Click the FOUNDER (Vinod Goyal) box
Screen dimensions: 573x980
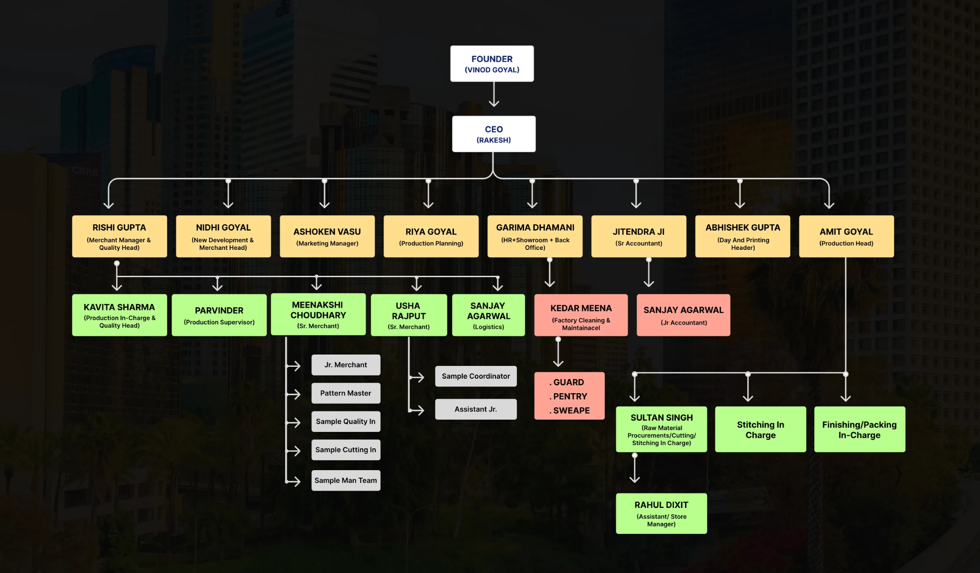pyautogui.click(x=492, y=64)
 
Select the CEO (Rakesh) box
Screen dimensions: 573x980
pyautogui.click(x=494, y=134)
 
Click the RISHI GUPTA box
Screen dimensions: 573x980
pyautogui.click(x=119, y=236)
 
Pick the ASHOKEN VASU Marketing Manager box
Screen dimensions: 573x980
pyautogui.click(x=327, y=236)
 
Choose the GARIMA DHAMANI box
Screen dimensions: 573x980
pyautogui.click(x=535, y=236)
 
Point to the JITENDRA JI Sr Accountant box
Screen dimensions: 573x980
pyautogui.click(x=638, y=236)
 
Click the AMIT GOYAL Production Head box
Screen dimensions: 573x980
pyautogui.click(x=846, y=236)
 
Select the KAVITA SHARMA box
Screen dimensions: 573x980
pyautogui.click(x=119, y=315)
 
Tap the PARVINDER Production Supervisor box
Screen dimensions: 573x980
pyautogui.click(x=219, y=315)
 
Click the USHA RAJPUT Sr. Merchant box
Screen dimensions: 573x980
pyautogui.click(x=408, y=315)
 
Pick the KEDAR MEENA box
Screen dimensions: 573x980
pyautogui.click(x=581, y=315)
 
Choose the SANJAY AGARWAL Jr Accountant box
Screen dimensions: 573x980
pyautogui.click(x=683, y=315)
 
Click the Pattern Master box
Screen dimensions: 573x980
pyautogui.click(x=346, y=393)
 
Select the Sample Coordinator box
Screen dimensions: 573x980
pyautogui.click(x=475, y=376)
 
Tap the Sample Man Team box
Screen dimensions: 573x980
pyautogui.click(x=346, y=480)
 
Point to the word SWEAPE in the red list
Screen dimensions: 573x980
pyautogui.click(x=571, y=411)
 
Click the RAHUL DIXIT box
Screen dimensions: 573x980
pyautogui.click(x=661, y=513)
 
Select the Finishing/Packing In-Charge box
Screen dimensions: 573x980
pyautogui.click(x=859, y=429)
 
